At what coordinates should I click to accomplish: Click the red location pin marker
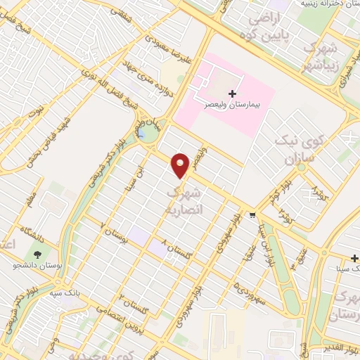(x=181, y=165)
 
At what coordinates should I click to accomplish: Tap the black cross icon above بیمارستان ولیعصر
(x=233, y=94)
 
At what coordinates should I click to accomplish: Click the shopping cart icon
(x=252, y=215)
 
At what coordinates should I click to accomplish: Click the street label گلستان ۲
(x=132, y=303)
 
